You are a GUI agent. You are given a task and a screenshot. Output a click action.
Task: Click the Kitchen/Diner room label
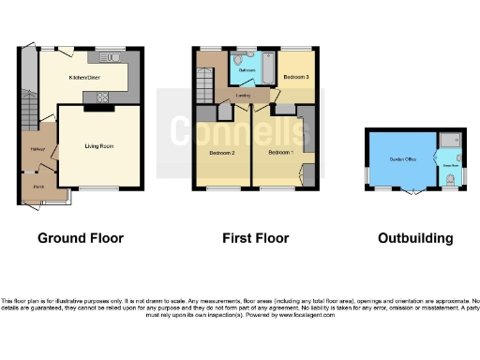coord(84,78)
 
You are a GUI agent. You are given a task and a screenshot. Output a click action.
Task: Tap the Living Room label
coord(99,147)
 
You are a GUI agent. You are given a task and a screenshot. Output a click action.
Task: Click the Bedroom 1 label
coord(280,152)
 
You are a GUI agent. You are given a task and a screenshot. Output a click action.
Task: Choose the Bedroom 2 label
coord(221,152)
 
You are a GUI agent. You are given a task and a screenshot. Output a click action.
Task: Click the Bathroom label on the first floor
coord(247,70)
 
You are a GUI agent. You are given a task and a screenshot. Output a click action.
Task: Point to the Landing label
coord(242,95)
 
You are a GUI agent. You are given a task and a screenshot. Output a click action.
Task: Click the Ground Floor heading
coord(80,238)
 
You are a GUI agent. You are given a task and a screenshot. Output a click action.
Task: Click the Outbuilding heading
coord(415,238)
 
